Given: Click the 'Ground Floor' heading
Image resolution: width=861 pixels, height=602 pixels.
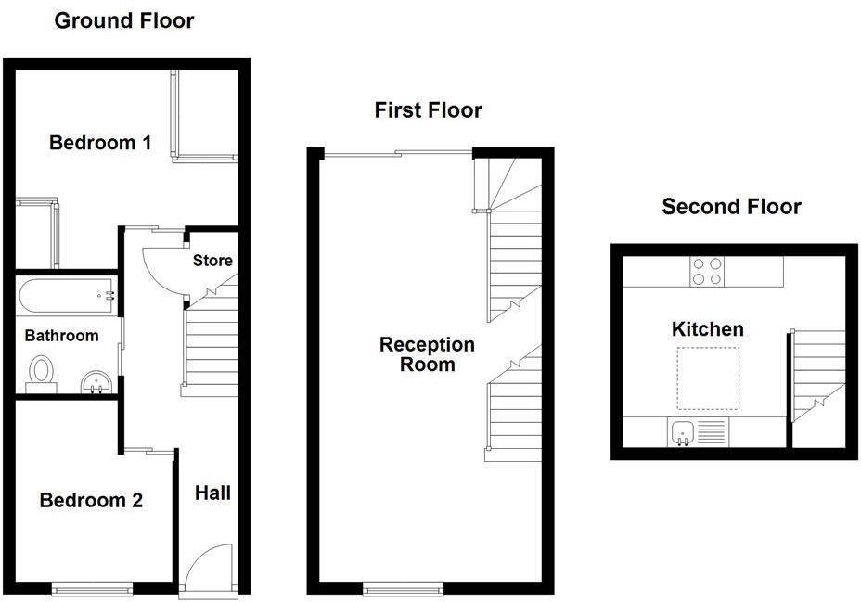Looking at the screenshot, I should pos(124,20).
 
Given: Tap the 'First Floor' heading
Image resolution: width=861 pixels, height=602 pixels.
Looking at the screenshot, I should pos(428,110).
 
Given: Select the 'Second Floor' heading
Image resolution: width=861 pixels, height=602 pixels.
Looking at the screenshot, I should pos(731,206).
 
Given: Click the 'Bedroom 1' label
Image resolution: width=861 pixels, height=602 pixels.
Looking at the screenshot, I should pos(100,143).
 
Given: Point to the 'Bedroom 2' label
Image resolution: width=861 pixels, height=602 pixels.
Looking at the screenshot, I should pos(91,501).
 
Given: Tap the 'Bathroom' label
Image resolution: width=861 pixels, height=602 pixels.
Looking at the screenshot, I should pos(61,336).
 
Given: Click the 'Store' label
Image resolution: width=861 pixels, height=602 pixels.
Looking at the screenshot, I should pos(212,261).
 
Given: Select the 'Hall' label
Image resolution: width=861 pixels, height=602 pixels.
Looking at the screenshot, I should pos(212,493).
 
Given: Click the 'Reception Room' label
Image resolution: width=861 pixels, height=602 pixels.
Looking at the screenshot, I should pos(427,353).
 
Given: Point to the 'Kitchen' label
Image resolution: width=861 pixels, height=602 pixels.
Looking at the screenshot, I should pos(707,329).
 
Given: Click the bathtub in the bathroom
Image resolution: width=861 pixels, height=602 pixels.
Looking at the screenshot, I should pos(65,296).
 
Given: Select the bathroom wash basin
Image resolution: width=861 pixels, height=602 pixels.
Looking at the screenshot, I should pos(96,381).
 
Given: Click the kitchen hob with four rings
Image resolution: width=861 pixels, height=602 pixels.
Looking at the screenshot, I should pos(707,271).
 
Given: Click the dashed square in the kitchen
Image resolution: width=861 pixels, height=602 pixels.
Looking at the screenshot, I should pos(708,378).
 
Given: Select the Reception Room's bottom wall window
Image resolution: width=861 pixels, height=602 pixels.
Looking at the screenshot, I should pos(403,588).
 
